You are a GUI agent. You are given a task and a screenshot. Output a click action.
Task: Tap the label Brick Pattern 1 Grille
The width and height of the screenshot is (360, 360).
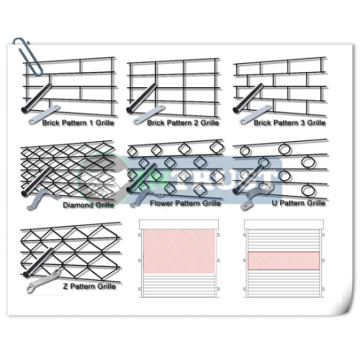[x=78, y=123]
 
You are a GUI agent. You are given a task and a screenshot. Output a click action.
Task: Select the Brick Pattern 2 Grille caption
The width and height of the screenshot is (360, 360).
[x=183, y=123]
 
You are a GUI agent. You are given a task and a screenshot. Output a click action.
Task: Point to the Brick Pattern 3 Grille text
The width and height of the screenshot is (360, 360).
[x=289, y=123]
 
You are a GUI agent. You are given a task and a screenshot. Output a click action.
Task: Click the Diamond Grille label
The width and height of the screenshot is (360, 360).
[x=89, y=205]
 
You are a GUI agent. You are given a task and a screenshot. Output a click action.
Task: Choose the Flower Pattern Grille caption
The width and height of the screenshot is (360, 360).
[x=185, y=203]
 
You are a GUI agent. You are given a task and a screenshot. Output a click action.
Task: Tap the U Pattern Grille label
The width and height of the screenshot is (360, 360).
[x=298, y=203]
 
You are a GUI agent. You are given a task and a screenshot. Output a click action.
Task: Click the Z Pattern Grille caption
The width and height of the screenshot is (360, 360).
[x=89, y=287]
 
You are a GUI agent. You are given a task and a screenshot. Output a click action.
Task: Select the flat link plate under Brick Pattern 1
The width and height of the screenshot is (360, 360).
[x=44, y=114]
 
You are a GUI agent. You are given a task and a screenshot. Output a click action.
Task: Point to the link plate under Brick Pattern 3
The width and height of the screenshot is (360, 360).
[x=256, y=114]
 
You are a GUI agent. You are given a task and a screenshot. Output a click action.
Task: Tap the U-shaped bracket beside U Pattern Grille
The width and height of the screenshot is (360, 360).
[x=256, y=197]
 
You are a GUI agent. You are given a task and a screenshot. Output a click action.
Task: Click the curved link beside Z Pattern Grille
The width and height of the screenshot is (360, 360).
[x=43, y=282]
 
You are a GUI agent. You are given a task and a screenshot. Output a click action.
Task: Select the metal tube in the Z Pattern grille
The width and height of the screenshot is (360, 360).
[x=38, y=263]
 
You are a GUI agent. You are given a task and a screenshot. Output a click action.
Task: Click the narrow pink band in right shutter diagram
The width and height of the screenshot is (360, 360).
[x=284, y=261]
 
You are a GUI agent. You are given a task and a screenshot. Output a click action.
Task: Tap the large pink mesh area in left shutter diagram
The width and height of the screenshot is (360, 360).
[x=179, y=251]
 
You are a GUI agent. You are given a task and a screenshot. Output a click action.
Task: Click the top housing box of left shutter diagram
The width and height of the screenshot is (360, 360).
[x=179, y=224]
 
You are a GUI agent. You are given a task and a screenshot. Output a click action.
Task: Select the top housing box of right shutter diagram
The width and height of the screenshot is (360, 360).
[x=284, y=224]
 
